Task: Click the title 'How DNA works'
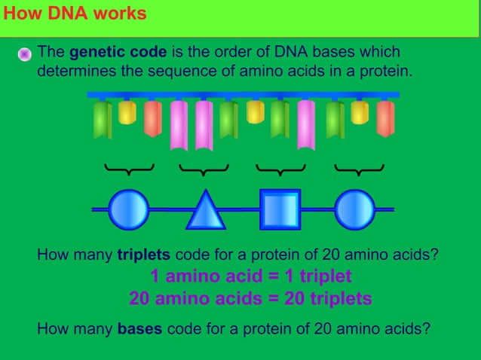(73, 14)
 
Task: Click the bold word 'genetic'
(93, 53)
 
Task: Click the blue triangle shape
(205, 211)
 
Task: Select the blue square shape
(280, 209)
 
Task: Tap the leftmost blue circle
(128, 209)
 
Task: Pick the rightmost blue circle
(354, 209)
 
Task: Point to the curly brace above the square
(280, 169)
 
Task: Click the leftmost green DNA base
(103, 121)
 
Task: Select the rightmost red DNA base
(385, 118)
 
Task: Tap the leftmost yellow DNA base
(127, 112)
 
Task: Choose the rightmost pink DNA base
(306, 125)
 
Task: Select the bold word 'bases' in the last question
(139, 329)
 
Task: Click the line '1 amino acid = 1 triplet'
(251, 276)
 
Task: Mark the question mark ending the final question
(427, 329)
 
